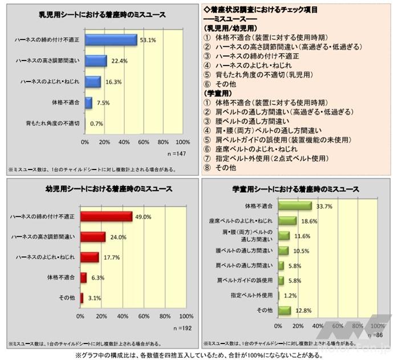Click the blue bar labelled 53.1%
click(x=111, y=40)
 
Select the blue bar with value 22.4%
click(x=96, y=61)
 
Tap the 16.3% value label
click(x=113, y=82)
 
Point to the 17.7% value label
click(x=111, y=257)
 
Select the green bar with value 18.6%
click(x=287, y=220)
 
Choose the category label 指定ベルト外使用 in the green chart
click(x=253, y=294)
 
